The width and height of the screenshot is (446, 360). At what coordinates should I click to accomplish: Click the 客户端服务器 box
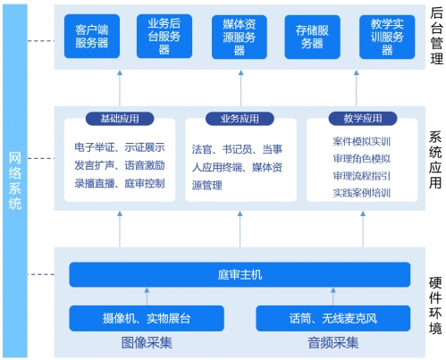click(x=92, y=36)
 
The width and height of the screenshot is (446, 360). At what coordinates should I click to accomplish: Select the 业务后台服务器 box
click(x=164, y=36)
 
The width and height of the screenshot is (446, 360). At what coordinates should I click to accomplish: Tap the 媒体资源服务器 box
click(x=240, y=37)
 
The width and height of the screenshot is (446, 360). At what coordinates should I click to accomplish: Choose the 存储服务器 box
click(x=312, y=37)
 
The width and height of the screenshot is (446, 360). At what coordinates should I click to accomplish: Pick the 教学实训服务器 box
click(x=387, y=37)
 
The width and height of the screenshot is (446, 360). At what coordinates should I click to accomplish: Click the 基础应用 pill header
click(x=120, y=119)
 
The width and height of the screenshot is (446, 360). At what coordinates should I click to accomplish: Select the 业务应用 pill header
click(x=240, y=119)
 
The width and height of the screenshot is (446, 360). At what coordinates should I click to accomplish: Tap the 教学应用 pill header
click(x=363, y=119)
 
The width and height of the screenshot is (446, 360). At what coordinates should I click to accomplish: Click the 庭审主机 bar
click(x=240, y=274)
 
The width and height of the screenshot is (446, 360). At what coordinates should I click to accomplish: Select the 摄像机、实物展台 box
click(x=147, y=318)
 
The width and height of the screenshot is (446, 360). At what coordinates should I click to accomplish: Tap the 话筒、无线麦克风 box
click(x=333, y=318)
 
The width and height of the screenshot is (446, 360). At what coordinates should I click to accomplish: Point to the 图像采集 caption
click(x=147, y=343)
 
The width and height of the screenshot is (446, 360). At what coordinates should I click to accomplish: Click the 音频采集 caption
click(x=333, y=343)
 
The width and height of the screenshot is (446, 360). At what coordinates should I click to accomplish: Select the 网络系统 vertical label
click(x=15, y=180)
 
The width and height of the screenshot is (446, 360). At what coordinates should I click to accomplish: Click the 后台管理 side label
click(x=436, y=36)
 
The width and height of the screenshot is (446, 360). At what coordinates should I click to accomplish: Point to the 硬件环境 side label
click(x=435, y=306)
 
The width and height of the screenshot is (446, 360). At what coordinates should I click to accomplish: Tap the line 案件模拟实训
click(x=362, y=141)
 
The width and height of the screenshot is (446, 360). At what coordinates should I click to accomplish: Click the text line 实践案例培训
click(x=362, y=193)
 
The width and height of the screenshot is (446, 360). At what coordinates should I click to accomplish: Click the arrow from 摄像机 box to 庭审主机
click(x=147, y=297)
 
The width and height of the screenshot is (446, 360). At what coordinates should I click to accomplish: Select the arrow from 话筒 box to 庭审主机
click(x=333, y=297)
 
